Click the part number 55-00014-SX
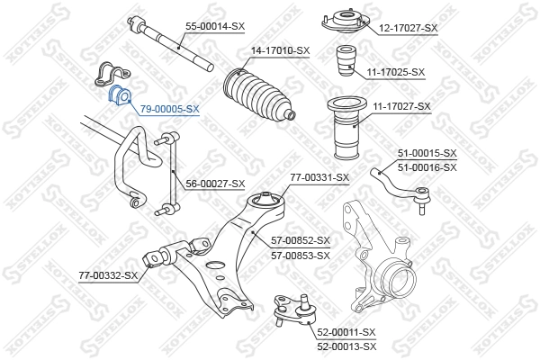214,28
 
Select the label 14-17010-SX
280,50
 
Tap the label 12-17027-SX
408,28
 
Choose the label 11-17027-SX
400,106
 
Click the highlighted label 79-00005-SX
169,108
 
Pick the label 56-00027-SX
215,184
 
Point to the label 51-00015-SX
426,154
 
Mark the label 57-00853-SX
301,255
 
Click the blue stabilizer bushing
119,95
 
